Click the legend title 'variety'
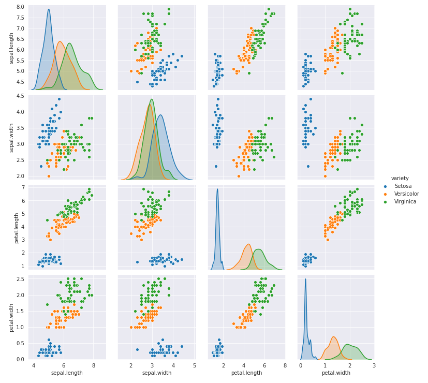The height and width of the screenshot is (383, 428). [400, 178]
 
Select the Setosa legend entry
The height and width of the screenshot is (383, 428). [403, 186]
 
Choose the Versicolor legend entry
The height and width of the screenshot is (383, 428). [406, 194]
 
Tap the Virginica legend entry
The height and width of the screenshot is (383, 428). [405, 201]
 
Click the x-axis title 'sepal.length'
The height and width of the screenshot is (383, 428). [67, 373]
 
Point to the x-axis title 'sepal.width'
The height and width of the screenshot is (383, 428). [156, 373]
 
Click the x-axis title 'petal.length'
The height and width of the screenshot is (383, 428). [246, 373]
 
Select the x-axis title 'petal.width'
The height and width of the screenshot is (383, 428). [336, 373]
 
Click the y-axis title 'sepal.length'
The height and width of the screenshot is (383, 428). [11, 48]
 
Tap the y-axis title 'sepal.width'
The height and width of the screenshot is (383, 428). [11, 138]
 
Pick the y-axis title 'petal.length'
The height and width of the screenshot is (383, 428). [11, 228]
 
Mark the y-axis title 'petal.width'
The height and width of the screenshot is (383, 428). [11, 317]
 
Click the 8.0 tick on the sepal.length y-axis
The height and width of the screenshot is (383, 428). [19, 7]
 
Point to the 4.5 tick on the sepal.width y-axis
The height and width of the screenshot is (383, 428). [19, 96]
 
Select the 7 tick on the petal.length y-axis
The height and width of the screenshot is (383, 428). [22, 187]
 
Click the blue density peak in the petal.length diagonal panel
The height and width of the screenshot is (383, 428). [217, 189]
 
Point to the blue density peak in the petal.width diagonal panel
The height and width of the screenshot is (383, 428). [305, 279]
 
